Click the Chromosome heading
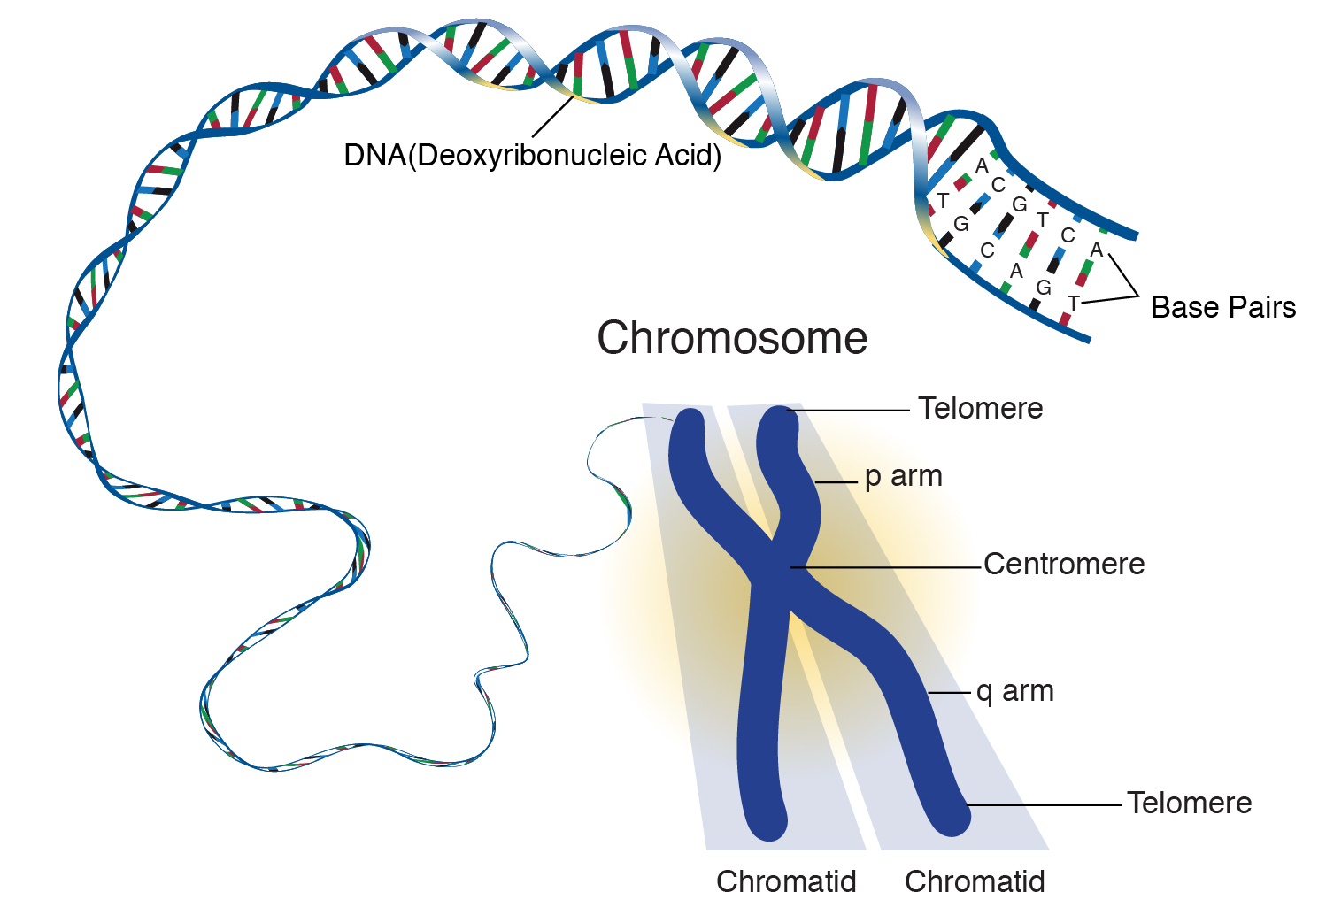732,338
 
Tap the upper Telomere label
980,408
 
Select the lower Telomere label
1189,803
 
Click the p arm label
903,476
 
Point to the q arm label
1014,690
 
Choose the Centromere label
1064,564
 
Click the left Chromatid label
786,881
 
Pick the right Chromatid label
975,881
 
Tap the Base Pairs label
1222,307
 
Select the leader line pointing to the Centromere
885,567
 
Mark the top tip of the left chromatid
689,419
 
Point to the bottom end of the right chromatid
952,819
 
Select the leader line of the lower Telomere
1045,805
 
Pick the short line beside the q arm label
949,692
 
